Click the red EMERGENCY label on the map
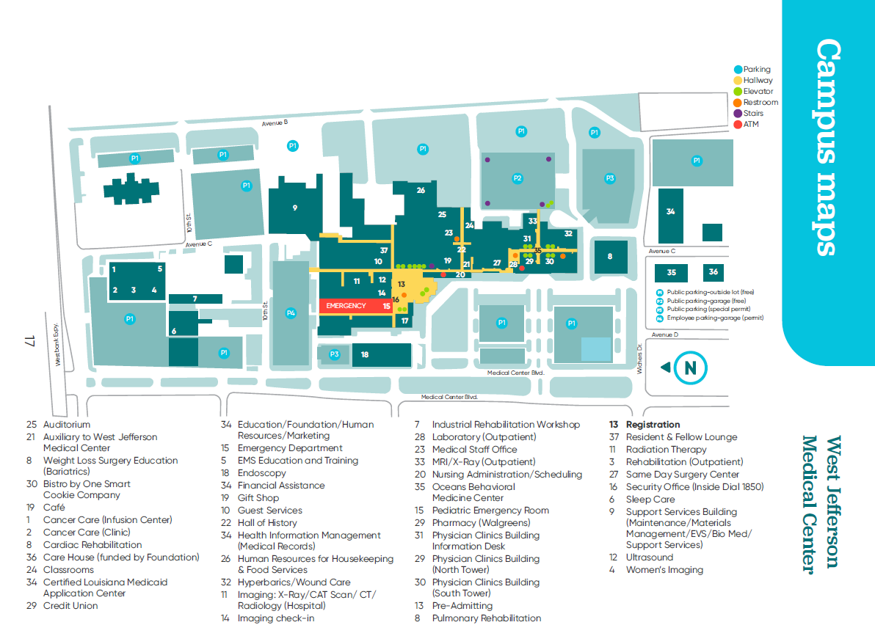click(x=346, y=305)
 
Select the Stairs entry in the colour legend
click(x=753, y=114)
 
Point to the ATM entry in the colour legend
click(x=751, y=125)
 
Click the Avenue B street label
click(x=276, y=123)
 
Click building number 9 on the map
click(x=295, y=208)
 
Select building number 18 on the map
click(x=365, y=355)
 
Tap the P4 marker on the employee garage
click(x=291, y=313)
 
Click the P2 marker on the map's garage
click(x=518, y=178)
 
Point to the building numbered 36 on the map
click(x=713, y=272)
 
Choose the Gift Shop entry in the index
click(x=258, y=498)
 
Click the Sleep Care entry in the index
click(x=650, y=500)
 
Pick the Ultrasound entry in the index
click(x=649, y=558)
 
